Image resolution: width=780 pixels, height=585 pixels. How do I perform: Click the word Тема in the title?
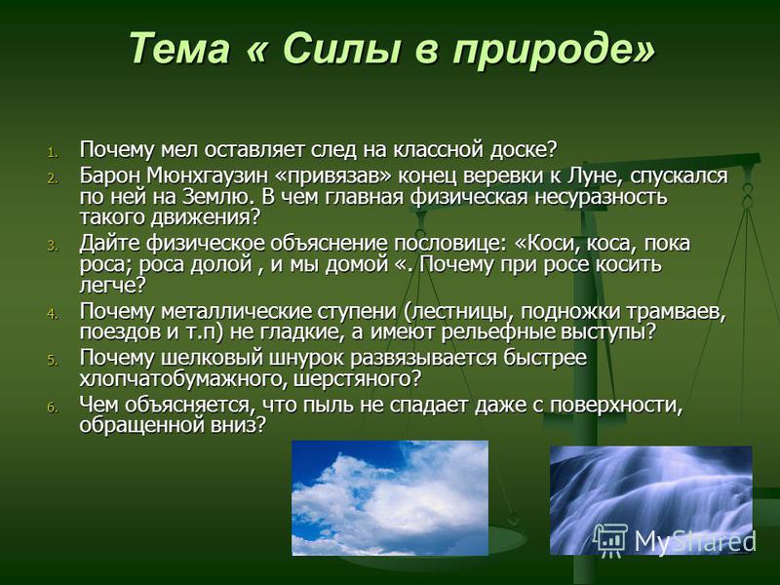point(179,48)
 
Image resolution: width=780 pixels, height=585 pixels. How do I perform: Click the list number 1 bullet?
point(53,152)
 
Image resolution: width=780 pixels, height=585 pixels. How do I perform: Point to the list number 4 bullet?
point(53,314)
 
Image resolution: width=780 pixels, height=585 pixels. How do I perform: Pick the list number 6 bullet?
point(53,408)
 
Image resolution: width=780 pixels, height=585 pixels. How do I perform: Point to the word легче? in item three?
point(112,286)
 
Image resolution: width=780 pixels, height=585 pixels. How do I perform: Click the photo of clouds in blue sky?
point(390,498)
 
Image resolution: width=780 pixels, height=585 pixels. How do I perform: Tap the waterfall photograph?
point(650,500)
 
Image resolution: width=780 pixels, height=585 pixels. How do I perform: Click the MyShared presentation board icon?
point(611,541)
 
